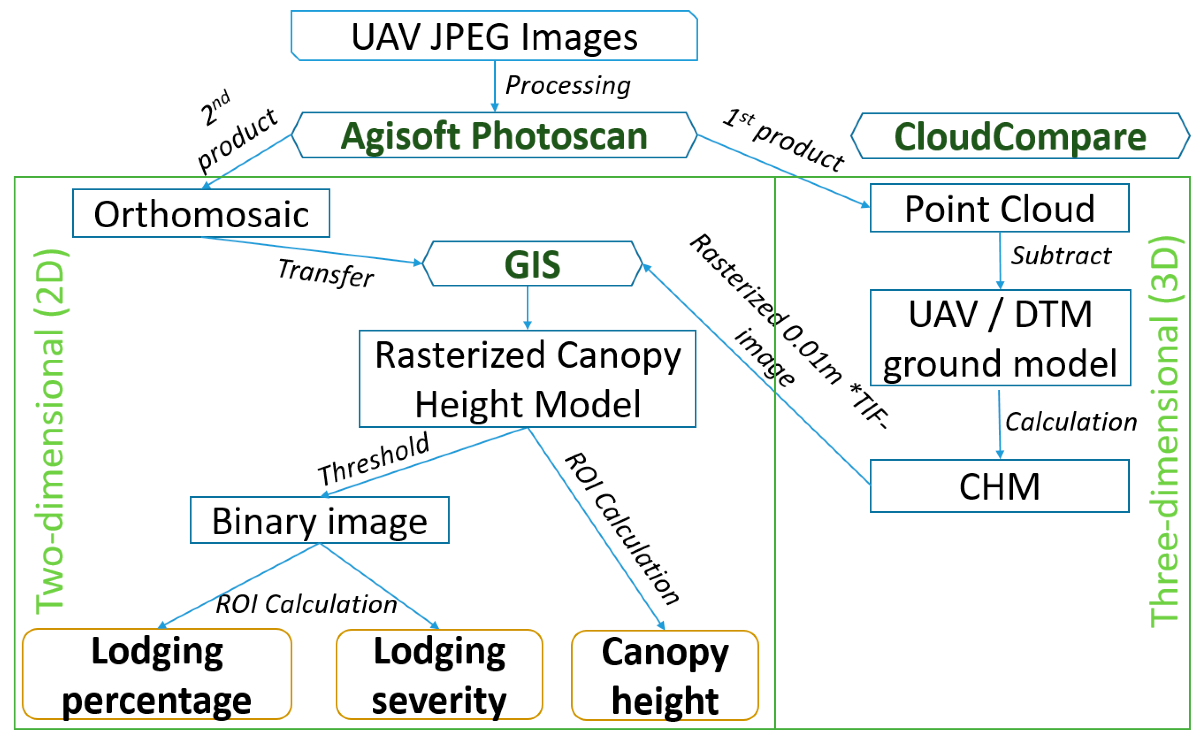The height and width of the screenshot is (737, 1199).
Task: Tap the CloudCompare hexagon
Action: pyautogui.click(x=1020, y=136)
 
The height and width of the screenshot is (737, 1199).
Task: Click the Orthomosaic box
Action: pyautogui.click(x=201, y=213)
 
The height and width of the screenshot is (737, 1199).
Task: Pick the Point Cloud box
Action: pyautogui.click(x=999, y=208)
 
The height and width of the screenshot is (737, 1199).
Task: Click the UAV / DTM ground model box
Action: pyautogui.click(x=1000, y=338)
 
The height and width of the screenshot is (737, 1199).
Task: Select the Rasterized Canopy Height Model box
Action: pyautogui.click(x=527, y=379)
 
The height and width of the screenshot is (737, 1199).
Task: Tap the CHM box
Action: pyautogui.click(x=999, y=486)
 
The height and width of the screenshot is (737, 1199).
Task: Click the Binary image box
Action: pyautogui.click(x=319, y=520)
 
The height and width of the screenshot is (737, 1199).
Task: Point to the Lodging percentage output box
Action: pyautogui.click(x=156, y=674)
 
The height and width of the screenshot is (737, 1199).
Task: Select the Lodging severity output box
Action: pyautogui.click(x=439, y=674)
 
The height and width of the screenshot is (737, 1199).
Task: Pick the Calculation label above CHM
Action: pyautogui.click(x=1070, y=422)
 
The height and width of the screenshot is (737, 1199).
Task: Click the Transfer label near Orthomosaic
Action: pyautogui.click(x=325, y=273)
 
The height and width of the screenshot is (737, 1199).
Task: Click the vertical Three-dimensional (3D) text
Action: pyautogui.click(x=1164, y=431)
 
